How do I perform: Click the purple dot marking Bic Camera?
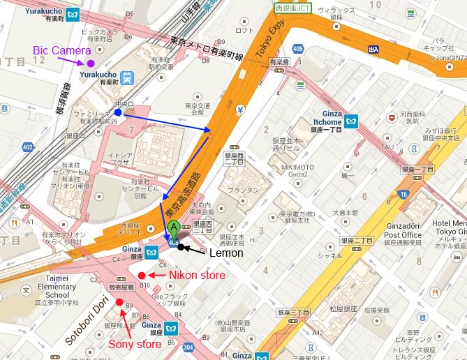91,63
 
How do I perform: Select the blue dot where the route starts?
118,112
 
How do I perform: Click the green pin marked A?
173,228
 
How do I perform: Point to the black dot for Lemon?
181,246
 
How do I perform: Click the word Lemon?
227,253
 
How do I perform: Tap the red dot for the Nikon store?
142,275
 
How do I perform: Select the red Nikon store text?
197,276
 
